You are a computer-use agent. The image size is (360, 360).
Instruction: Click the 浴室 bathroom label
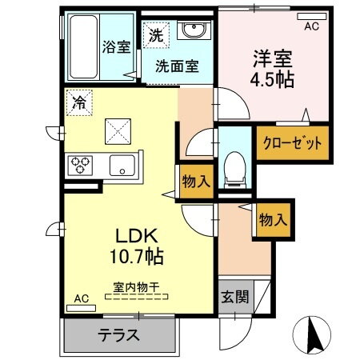pyautogui.click(x=117, y=46)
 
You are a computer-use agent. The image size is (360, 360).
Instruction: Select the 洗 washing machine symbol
pyautogui.click(x=155, y=35)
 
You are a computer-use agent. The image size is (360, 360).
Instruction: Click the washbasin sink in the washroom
pyautogui.click(x=192, y=33)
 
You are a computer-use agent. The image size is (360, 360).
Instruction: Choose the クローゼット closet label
pyautogui.click(x=293, y=145)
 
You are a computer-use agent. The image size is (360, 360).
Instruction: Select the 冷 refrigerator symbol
pyautogui.click(x=79, y=102)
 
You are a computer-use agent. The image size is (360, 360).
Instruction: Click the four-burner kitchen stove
pyautogui.click(x=82, y=165)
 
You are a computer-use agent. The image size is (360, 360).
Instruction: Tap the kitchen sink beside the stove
pyautogui.click(x=121, y=166)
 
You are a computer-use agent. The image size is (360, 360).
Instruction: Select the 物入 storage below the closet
pyautogui.click(x=273, y=218)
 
